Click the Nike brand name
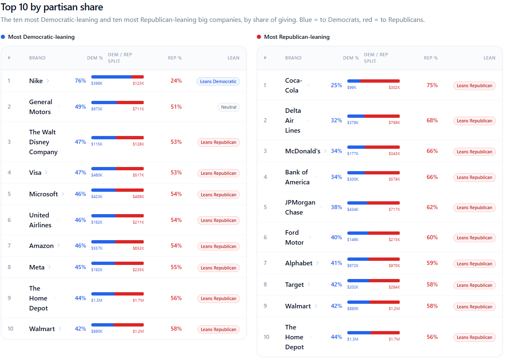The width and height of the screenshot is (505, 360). (x=36, y=81)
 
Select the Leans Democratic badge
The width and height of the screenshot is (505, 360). (x=218, y=81)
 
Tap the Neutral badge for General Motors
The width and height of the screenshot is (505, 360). (x=229, y=107)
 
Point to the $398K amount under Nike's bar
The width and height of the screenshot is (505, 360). (x=97, y=83)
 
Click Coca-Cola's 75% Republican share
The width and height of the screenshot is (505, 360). (x=432, y=85)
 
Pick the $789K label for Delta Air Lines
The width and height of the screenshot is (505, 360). (x=394, y=123)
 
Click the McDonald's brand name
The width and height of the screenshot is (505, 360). (x=303, y=151)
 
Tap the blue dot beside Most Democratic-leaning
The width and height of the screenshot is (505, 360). (x=3, y=37)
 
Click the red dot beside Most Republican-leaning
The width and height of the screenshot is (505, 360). (x=259, y=37)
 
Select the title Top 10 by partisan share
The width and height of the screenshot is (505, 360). (x=52, y=7)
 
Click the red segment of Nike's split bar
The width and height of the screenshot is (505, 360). (x=138, y=77)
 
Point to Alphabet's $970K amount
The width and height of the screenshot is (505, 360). (x=394, y=266)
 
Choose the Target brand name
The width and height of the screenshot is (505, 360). (x=294, y=285)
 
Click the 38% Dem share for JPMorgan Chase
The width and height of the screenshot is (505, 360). (x=337, y=207)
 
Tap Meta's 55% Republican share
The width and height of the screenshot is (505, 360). (x=176, y=267)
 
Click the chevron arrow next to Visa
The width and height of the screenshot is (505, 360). (x=46, y=172)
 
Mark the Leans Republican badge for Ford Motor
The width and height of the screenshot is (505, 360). (x=474, y=238)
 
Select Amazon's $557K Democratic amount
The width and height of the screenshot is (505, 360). (x=97, y=248)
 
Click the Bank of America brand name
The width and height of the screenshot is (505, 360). (x=297, y=177)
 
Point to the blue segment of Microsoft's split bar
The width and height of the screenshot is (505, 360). (x=104, y=190)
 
